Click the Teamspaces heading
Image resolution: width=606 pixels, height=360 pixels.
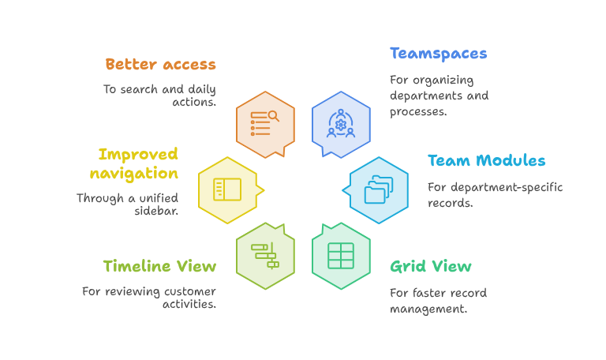(x=438, y=54)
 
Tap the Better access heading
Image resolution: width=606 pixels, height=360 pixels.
(x=160, y=64)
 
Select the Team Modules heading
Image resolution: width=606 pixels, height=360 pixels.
(x=486, y=160)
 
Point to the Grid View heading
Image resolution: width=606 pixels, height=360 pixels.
(x=431, y=266)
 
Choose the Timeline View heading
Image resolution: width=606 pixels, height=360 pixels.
(x=159, y=266)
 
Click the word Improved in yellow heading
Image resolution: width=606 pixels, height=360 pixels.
(x=138, y=154)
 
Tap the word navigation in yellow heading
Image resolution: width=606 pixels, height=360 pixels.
(x=133, y=174)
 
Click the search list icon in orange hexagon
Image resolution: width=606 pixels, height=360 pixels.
(x=265, y=123)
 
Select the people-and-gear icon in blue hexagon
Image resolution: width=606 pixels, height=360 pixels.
(x=341, y=124)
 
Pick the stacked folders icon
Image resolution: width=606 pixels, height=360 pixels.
(x=379, y=189)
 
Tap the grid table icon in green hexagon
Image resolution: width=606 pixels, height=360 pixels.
(x=341, y=256)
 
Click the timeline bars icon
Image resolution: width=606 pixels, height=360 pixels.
(x=265, y=256)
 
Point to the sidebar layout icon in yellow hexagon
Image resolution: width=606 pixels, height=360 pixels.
(x=227, y=189)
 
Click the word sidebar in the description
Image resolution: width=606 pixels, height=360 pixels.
(x=155, y=211)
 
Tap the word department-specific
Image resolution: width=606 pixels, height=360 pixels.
(x=507, y=188)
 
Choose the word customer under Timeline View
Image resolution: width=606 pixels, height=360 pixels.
(x=189, y=291)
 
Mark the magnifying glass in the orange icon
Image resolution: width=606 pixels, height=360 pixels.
(x=274, y=116)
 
